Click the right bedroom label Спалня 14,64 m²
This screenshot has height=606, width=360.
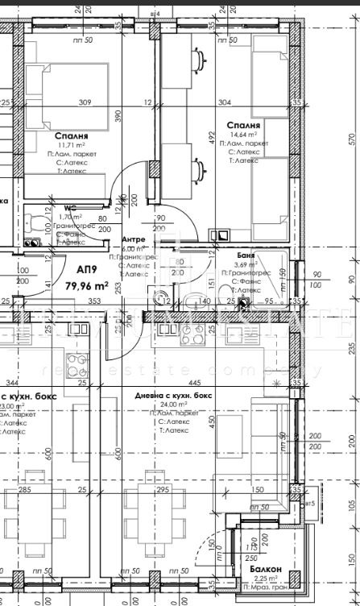(242, 126)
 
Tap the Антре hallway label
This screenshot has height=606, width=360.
(133, 240)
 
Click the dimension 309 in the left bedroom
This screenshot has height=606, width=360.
(85, 102)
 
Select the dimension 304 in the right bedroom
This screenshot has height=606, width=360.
(224, 102)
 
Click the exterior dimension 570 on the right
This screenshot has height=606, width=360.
(351, 139)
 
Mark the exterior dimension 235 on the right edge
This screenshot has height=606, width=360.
(351, 347)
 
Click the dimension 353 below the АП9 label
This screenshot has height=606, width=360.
(94, 301)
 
